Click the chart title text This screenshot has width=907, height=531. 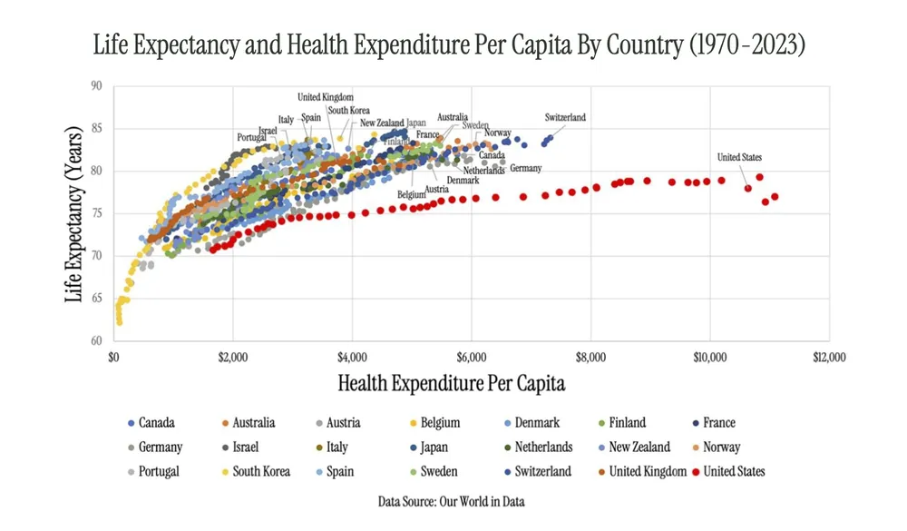pyautogui.click(x=449, y=44)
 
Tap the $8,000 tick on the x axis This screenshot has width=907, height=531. pyautogui.click(x=590, y=357)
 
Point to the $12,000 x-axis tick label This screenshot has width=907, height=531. pyautogui.click(x=828, y=357)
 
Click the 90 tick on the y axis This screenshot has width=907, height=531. pyautogui.click(x=96, y=86)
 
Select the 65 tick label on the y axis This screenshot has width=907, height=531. pyautogui.click(x=96, y=299)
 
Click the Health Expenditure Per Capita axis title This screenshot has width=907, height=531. pyautogui.click(x=451, y=383)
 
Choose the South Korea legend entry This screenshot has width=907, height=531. pyautogui.click(x=259, y=471)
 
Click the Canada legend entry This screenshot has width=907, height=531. pyautogui.click(x=157, y=422)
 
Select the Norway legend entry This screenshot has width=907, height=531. pyautogui.click(x=721, y=447)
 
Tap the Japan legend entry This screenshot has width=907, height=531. pyautogui.click(x=434, y=447)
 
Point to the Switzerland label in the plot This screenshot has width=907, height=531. pyautogui.click(x=565, y=117)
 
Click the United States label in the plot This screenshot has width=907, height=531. pyautogui.click(x=739, y=157)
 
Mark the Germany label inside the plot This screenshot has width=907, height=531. pyautogui.click(x=525, y=168)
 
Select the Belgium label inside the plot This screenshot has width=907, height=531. pyautogui.click(x=412, y=194)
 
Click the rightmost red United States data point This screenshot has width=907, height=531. pyautogui.click(x=775, y=197)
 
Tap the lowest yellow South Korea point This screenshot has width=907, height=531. pyautogui.click(x=119, y=321)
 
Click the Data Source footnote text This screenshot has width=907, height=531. pyautogui.click(x=451, y=501)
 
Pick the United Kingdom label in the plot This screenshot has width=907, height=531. pyautogui.click(x=325, y=97)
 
